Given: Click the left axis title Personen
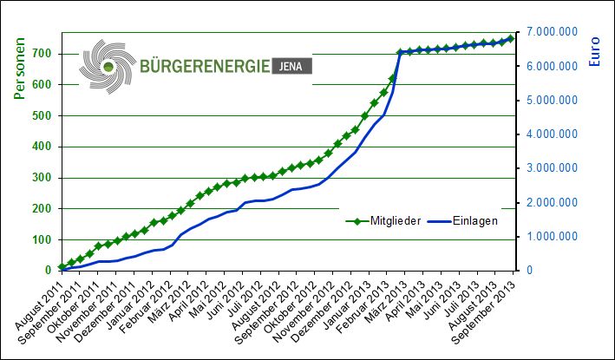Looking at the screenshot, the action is tap(19, 69).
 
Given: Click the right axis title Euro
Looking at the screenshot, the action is tap(594, 51).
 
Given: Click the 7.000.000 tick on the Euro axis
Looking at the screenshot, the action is tap(552, 32).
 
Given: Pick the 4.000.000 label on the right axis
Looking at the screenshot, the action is tap(552, 134).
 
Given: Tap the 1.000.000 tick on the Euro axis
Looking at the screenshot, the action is tap(552, 237).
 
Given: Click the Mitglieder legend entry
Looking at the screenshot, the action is tap(383, 221).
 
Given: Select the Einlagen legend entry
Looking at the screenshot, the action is tap(463, 221).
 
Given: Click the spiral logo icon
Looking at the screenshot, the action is tap(108, 66).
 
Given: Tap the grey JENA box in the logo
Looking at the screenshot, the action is tap(291, 66).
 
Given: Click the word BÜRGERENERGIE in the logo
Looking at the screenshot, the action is tap(205, 66).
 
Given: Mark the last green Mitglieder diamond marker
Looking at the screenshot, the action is tap(511, 38).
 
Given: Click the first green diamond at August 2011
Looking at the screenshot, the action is tap(62, 267).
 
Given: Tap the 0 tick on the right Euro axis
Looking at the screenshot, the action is tap(529, 270).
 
